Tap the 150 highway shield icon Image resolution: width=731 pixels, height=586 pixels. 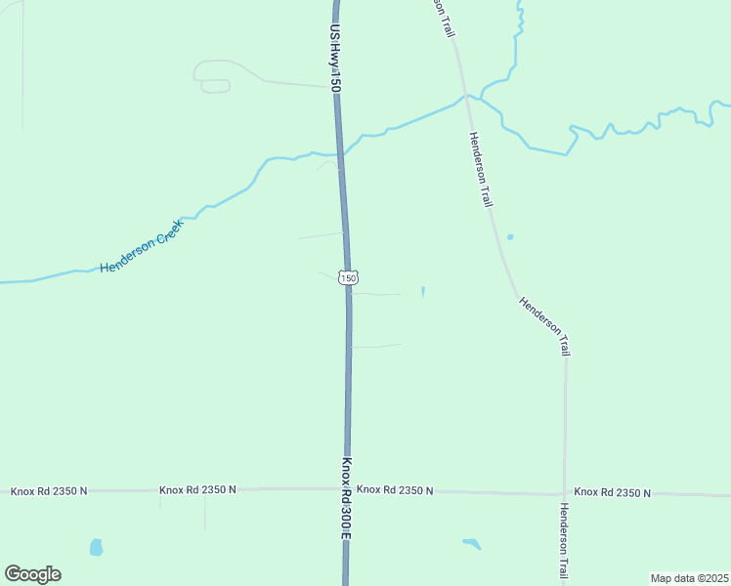[x=348, y=278]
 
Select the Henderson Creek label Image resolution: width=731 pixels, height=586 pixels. [x=143, y=245]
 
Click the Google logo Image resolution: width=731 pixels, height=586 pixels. [x=32, y=574]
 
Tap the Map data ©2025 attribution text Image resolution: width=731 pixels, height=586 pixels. [x=688, y=578]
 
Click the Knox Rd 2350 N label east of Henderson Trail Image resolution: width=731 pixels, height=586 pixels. [x=612, y=493]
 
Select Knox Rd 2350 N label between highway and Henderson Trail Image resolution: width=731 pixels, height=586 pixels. [x=395, y=489]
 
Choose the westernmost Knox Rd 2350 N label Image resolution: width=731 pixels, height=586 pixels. [x=49, y=491]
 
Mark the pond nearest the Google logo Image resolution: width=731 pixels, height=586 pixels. [x=96, y=547]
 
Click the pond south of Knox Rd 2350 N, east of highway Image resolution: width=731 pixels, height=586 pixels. [x=472, y=543]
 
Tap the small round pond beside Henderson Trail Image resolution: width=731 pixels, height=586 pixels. [x=509, y=237]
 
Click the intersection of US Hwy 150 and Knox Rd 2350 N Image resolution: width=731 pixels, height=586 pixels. [x=347, y=489]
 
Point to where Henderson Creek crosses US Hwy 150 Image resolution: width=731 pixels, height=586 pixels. [x=339, y=153]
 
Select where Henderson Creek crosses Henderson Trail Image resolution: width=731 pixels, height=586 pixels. [x=467, y=97]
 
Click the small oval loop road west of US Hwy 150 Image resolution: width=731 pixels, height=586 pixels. [x=215, y=86]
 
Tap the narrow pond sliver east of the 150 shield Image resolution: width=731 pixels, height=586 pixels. [x=423, y=291]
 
